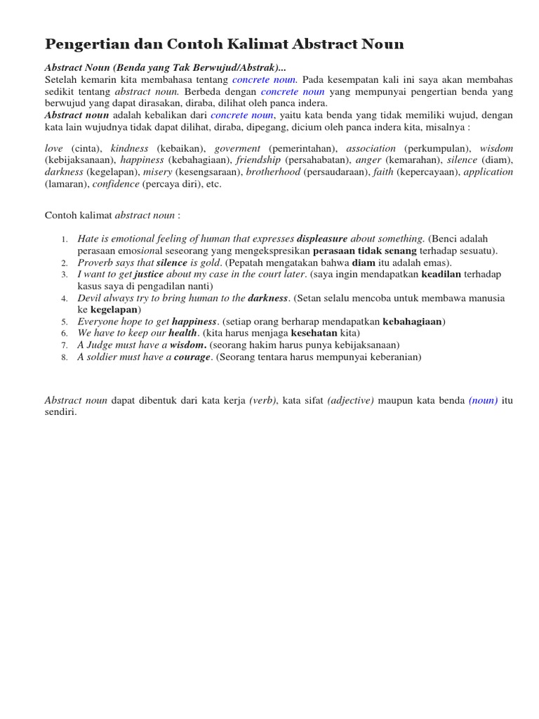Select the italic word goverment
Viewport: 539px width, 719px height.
[237, 149]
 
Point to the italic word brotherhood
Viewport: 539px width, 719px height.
[273, 172]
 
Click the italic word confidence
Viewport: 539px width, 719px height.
[116, 184]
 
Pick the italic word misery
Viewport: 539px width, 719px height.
[157, 172]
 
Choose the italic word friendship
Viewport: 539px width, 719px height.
[258, 160]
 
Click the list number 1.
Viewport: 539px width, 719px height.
[64, 239]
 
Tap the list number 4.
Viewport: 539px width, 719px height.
[64, 298]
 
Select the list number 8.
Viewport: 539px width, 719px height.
[64, 357]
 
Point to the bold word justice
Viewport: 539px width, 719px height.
[149, 275]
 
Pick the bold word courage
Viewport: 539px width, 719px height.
[192, 357]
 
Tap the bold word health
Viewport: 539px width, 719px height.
[182, 333]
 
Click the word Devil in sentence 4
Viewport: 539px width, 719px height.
[90, 298]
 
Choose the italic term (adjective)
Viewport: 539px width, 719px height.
[350, 401]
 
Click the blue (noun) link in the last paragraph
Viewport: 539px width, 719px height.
[484, 401]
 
